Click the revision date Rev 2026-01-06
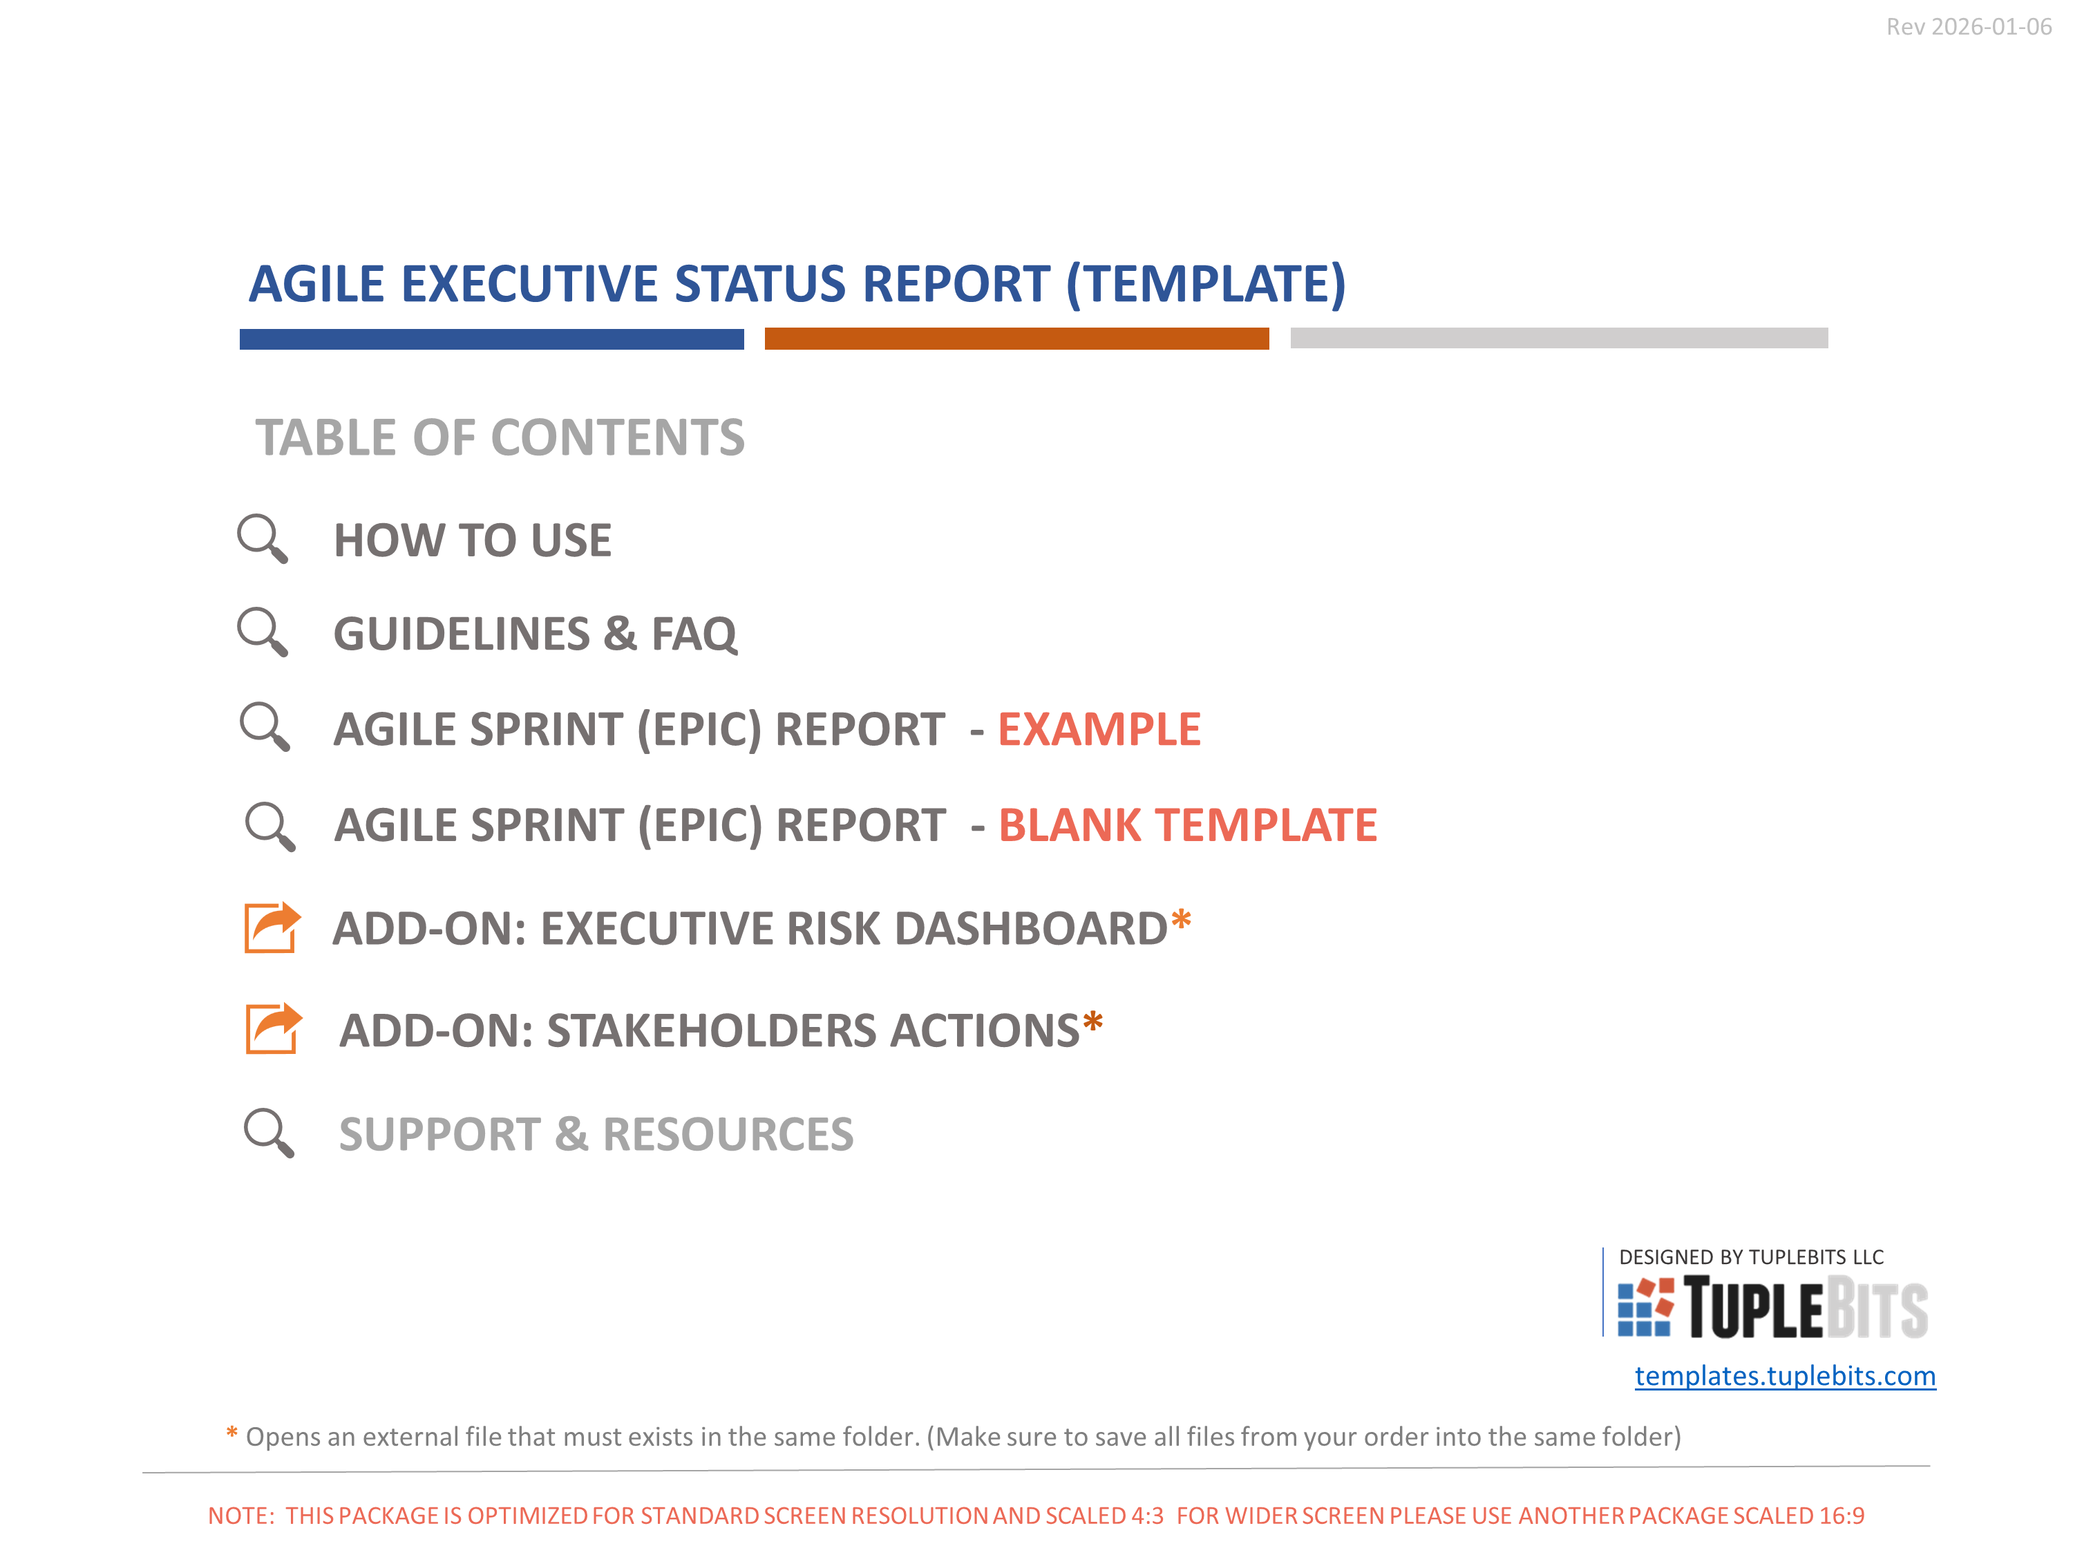point(1968,27)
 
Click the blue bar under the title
point(491,339)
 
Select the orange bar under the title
point(1017,339)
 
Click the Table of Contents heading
point(500,437)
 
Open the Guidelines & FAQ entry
point(535,634)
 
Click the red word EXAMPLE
point(1099,729)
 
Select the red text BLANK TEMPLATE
point(1187,824)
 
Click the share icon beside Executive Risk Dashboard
point(272,927)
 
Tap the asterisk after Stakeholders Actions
point(1092,1021)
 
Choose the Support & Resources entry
point(596,1134)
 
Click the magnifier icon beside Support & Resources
point(269,1132)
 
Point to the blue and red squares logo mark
point(1646,1307)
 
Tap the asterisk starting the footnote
point(231,1433)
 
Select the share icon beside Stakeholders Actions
point(274,1028)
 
